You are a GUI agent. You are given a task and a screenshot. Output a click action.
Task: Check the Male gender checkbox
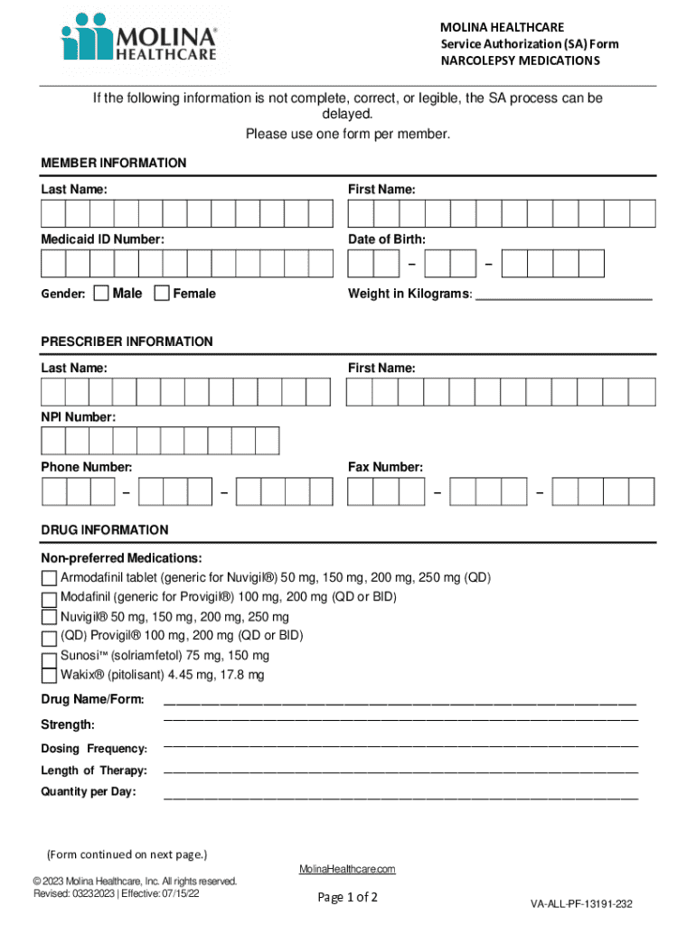(101, 293)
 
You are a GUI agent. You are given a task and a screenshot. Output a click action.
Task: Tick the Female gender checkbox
(162, 293)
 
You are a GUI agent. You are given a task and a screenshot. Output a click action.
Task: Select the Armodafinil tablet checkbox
(49, 579)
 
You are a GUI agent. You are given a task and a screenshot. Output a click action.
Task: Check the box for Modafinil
(49, 599)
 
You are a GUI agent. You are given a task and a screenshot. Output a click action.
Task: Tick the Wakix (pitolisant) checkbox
(49, 676)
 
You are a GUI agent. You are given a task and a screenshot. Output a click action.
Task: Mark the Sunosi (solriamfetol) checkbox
(49, 658)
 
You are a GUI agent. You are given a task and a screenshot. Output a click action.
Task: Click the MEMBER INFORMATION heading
(114, 164)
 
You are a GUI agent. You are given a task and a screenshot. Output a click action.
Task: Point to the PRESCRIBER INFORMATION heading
(127, 341)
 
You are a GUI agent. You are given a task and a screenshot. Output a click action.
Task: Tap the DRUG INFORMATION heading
(105, 530)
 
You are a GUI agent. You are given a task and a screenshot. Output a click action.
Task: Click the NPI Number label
(78, 416)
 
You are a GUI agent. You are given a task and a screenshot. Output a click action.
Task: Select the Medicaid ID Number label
(102, 239)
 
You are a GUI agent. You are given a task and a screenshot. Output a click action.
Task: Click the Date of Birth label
(387, 239)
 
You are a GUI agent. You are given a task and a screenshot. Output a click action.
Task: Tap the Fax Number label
(385, 467)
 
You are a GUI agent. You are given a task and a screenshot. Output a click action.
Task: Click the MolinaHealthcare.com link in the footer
(347, 869)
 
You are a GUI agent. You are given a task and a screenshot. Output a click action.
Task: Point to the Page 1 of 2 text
(347, 897)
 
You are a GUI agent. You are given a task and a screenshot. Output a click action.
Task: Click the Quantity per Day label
(89, 792)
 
